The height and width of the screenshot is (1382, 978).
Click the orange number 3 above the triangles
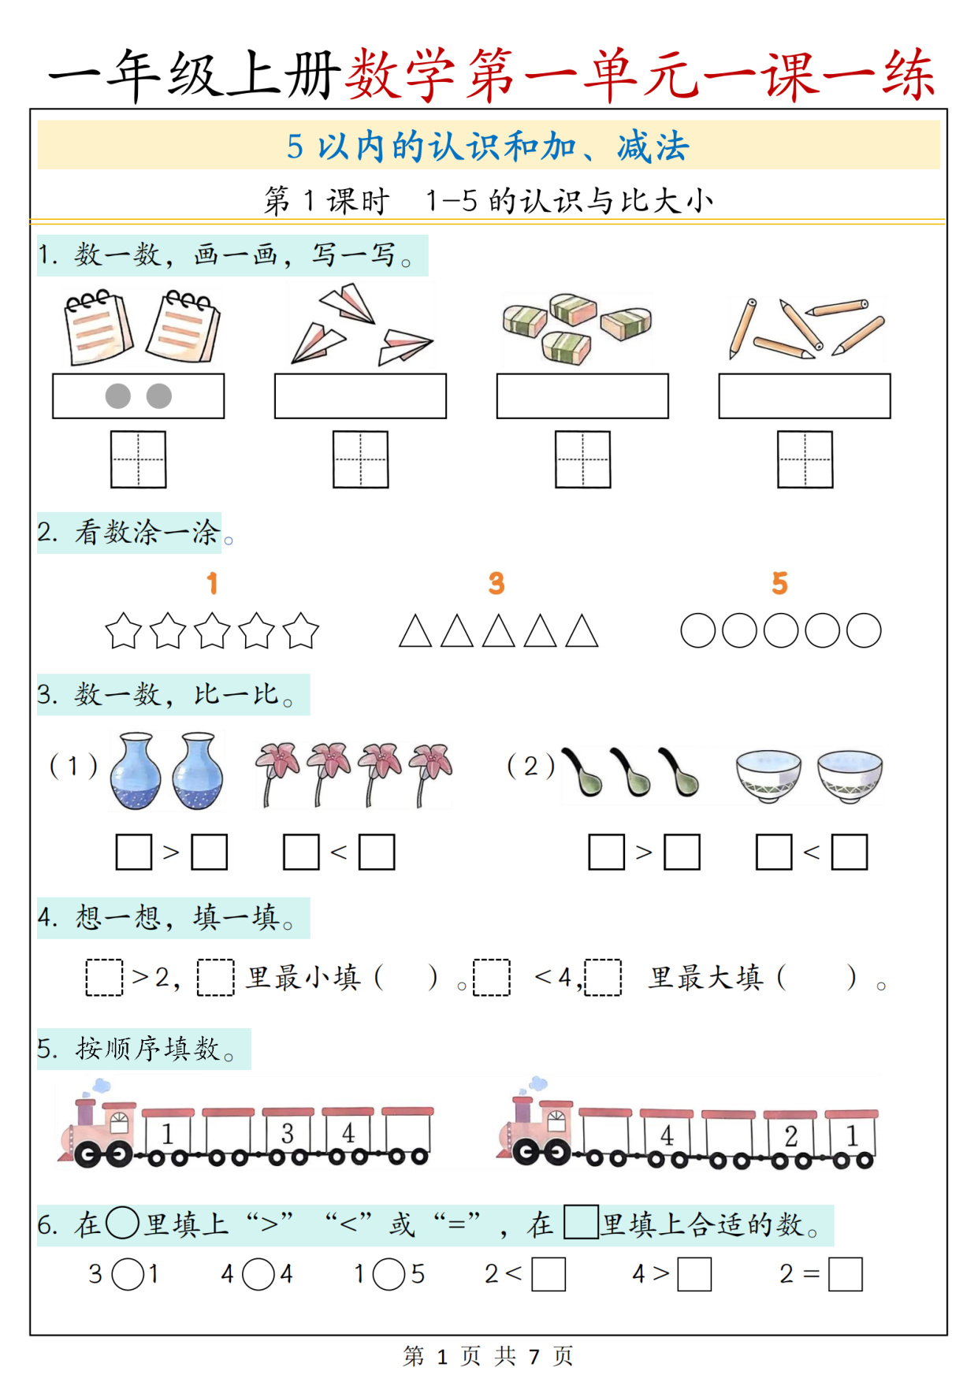tap(496, 583)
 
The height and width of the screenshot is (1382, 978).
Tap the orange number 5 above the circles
tap(779, 583)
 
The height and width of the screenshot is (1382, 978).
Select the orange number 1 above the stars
tap(212, 583)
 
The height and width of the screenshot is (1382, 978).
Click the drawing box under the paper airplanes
tap(360, 396)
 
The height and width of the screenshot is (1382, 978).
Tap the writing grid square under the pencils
tap(805, 459)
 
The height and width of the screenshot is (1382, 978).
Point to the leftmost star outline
tap(124, 631)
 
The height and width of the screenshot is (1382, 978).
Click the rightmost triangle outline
tap(582, 631)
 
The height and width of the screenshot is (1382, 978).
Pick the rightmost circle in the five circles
tap(864, 630)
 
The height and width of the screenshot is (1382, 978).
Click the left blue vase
tap(136, 771)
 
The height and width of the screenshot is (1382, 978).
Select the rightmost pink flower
tap(431, 772)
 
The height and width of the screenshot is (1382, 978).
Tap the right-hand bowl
tap(850, 775)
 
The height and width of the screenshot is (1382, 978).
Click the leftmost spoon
tap(582, 771)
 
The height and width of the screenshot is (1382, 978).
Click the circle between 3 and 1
tap(128, 1274)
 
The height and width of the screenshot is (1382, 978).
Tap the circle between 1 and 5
tap(389, 1274)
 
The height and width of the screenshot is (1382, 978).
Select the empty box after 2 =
tap(846, 1274)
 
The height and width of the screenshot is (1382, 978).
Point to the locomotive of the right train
tap(536, 1123)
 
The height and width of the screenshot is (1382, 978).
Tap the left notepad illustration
tap(98, 327)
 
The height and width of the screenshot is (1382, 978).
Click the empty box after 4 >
tap(694, 1274)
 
